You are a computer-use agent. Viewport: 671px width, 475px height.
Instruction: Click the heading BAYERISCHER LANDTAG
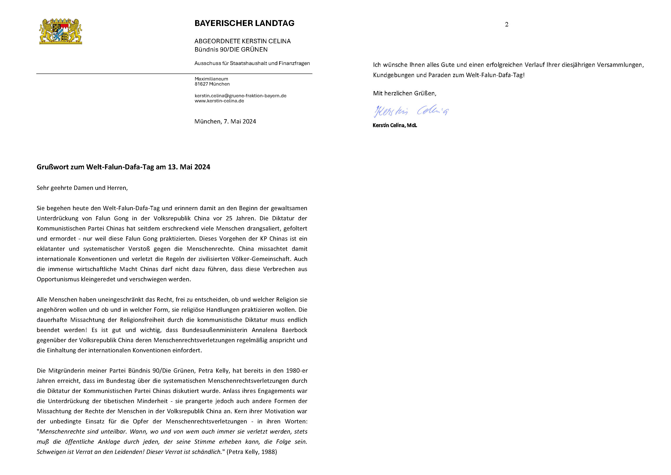[x=244, y=23]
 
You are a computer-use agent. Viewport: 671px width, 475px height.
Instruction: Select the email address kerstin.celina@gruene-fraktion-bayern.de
[x=240, y=96]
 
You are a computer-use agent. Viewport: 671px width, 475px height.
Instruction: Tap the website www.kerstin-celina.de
[x=219, y=101]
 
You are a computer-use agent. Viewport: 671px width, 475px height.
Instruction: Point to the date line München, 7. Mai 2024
[x=225, y=121]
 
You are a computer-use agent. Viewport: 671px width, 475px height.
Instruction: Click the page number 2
[x=506, y=25]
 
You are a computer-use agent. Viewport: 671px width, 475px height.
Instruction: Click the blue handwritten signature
[x=411, y=111]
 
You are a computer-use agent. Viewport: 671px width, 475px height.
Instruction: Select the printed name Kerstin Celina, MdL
[x=395, y=125]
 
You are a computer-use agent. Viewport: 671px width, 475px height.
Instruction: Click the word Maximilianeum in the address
[x=211, y=79]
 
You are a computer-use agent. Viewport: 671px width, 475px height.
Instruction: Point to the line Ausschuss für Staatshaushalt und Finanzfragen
[x=252, y=63]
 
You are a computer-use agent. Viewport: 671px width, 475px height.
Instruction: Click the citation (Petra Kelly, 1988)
[x=252, y=452]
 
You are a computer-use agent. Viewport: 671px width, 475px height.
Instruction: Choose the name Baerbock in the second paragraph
[x=294, y=330]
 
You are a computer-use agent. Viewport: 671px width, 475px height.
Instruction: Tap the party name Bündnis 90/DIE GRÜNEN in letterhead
[x=231, y=50]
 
